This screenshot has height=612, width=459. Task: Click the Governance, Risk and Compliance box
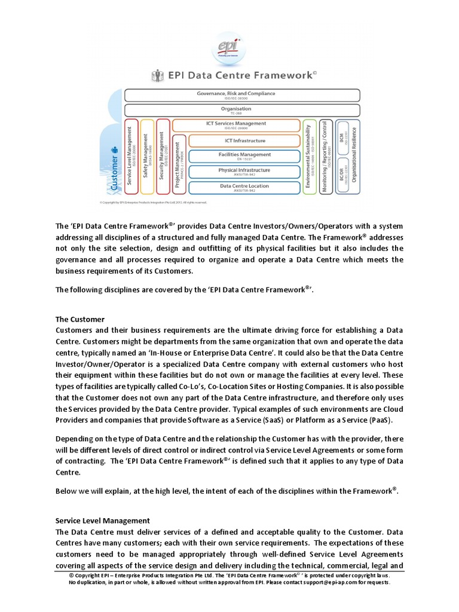[x=241, y=95]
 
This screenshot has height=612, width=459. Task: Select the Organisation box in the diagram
[x=241, y=110]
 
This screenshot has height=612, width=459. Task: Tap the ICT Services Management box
[x=236, y=125]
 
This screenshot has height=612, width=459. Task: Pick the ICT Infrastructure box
[x=244, y=141]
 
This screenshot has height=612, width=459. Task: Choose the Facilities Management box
[x=244, y=156]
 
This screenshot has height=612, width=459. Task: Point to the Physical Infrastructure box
[x=244, y=172]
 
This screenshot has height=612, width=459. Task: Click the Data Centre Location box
[x=244, y=187]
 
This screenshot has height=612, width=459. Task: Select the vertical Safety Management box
[x=147, y=157]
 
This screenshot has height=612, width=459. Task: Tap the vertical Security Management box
[x=163, y=157]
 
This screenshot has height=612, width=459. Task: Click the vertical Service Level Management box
[x=131, y=157]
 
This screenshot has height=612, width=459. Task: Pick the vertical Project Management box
[x=178, y=164]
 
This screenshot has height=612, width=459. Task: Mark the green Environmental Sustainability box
[x=309, y=157]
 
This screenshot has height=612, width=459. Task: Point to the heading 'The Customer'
[x=79, y=319]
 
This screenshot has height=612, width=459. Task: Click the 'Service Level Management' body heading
[x=102, y=521]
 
